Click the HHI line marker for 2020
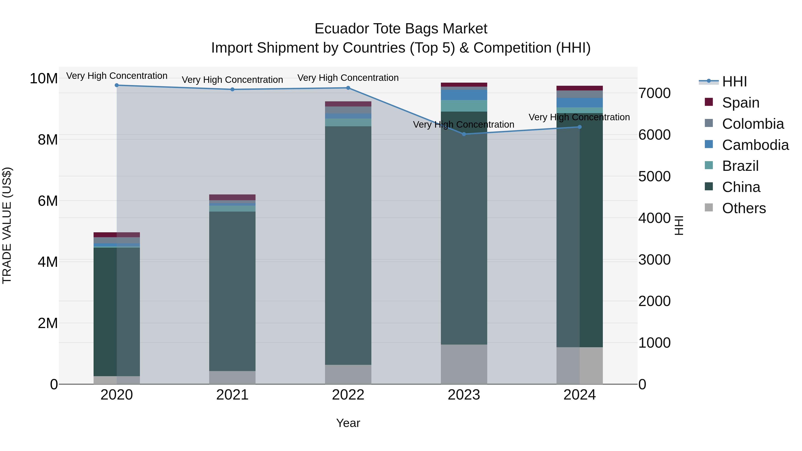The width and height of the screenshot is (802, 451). (117, 85)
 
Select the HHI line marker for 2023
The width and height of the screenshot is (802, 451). (464, 134)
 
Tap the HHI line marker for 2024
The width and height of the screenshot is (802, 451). (580, 127)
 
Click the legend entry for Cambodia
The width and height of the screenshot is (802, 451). (755, 145)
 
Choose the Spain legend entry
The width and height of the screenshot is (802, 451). (740, 103)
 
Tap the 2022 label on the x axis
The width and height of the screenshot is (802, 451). (348, 395)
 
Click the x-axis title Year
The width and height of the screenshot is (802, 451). (348, 423)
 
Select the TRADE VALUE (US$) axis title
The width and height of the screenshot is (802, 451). (7, 225)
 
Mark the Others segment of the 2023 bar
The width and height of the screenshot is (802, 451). (464, 364)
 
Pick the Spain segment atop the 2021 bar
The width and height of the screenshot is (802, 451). (232, 197)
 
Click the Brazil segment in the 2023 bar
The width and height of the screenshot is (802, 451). (464, 106)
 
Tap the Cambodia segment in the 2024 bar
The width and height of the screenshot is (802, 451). (580, 102)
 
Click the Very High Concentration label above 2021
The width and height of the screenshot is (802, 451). (232, 80)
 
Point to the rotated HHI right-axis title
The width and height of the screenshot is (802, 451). (679, 225)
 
